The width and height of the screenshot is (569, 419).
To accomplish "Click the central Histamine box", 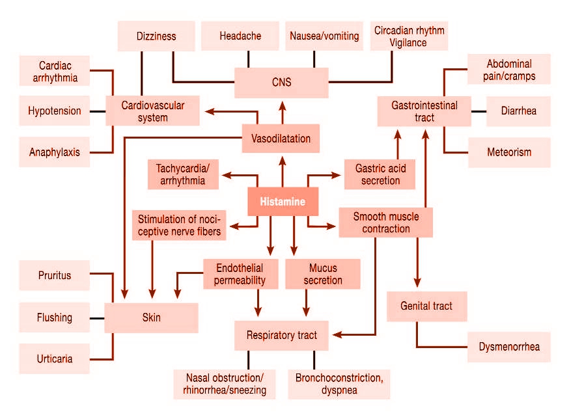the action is (283, 201).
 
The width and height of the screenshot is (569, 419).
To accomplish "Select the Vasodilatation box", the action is (281, 138).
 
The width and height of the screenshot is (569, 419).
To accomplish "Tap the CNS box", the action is (281, 83).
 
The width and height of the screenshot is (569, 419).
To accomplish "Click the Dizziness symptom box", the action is (156, 36).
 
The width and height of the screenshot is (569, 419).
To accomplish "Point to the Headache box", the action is (240, 36).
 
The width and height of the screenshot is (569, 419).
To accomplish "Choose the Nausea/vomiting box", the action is (324, 36).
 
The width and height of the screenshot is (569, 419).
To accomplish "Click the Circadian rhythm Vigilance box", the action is (409, 36).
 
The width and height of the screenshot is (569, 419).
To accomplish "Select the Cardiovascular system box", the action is (152, 111).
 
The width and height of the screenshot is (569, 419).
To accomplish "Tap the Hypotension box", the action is (55, 111).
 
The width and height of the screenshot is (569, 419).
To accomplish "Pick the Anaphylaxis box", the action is (55, 152).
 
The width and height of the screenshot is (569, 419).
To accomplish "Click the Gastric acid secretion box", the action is (380, 174).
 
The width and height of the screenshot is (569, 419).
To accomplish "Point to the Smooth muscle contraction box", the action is (386, 223).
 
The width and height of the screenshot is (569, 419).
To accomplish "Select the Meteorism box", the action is (509, 152).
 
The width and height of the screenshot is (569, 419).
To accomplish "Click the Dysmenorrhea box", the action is (508, 347).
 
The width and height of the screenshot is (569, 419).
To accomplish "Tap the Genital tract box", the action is (427, 306).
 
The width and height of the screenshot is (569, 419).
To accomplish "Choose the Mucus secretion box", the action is (323, 274).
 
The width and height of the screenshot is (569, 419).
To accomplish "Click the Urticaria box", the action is (55, 358).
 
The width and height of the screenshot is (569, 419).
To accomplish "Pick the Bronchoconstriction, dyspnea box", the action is (339, 384).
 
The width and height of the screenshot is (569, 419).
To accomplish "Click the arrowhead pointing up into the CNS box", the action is (283, 106).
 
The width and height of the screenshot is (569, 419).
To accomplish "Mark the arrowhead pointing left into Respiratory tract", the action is (337, 334).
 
